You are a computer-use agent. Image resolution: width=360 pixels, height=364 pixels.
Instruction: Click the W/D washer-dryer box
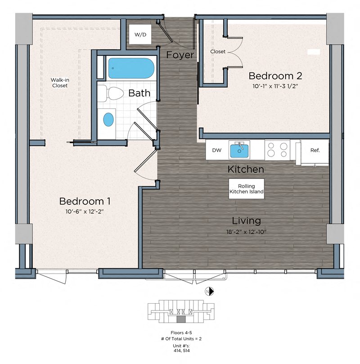pos(140,34)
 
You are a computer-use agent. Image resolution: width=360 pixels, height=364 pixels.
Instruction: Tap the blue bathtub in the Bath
pos(131,68)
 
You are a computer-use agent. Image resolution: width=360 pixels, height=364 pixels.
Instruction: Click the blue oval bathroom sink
pos(108,120)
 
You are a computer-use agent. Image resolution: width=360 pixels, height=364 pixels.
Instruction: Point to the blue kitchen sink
pos(239,150)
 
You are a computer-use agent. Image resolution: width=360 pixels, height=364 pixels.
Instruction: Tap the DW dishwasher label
pos(217,150)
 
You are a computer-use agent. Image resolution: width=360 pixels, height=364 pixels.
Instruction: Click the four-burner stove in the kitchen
pos(277,150)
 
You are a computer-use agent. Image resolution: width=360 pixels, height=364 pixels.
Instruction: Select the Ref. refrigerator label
pos(315,150)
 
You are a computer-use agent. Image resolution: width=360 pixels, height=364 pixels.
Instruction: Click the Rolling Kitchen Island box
pos(246,189)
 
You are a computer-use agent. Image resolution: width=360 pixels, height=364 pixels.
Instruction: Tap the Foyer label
pos(180,55)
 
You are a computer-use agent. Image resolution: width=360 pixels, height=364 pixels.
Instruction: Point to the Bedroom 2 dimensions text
pos(275,86)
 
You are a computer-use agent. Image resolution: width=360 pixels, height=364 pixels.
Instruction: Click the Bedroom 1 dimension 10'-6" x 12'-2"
pos(84,211)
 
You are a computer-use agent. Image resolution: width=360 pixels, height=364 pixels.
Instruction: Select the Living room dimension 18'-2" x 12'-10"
pos(246,232)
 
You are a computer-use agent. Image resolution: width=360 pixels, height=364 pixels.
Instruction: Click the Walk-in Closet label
pos(60,83)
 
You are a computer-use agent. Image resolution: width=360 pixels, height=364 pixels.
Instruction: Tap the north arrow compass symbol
pos(209,292)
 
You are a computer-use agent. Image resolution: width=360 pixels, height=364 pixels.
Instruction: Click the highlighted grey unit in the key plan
pos(181,319)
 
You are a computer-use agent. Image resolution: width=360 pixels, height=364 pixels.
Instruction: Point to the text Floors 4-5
pos(181,333)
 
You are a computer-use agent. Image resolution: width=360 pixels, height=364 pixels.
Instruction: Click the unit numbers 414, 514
pos(181,351)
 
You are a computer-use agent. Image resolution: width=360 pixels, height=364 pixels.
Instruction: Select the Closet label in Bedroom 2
pos(218,52)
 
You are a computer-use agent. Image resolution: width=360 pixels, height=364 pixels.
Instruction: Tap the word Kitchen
pos(246,169)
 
